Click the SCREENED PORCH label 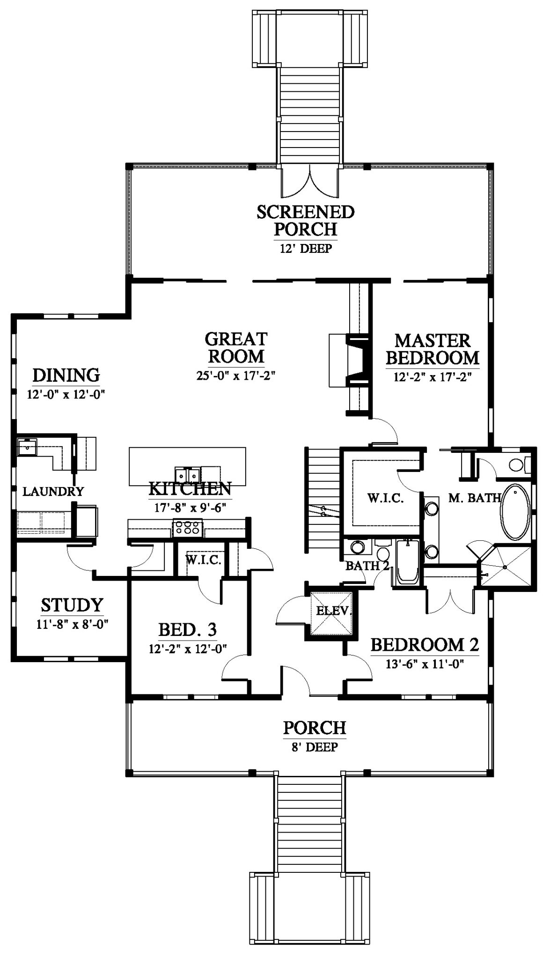point(306,221)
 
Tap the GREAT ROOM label point(236,347)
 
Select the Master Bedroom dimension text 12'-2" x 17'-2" point(432,376)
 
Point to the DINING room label point(66,375)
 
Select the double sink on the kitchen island point(188,474)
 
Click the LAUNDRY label point(53,491)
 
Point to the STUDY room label point(72,605)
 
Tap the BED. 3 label point(187,630)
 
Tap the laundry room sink point(27,447)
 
